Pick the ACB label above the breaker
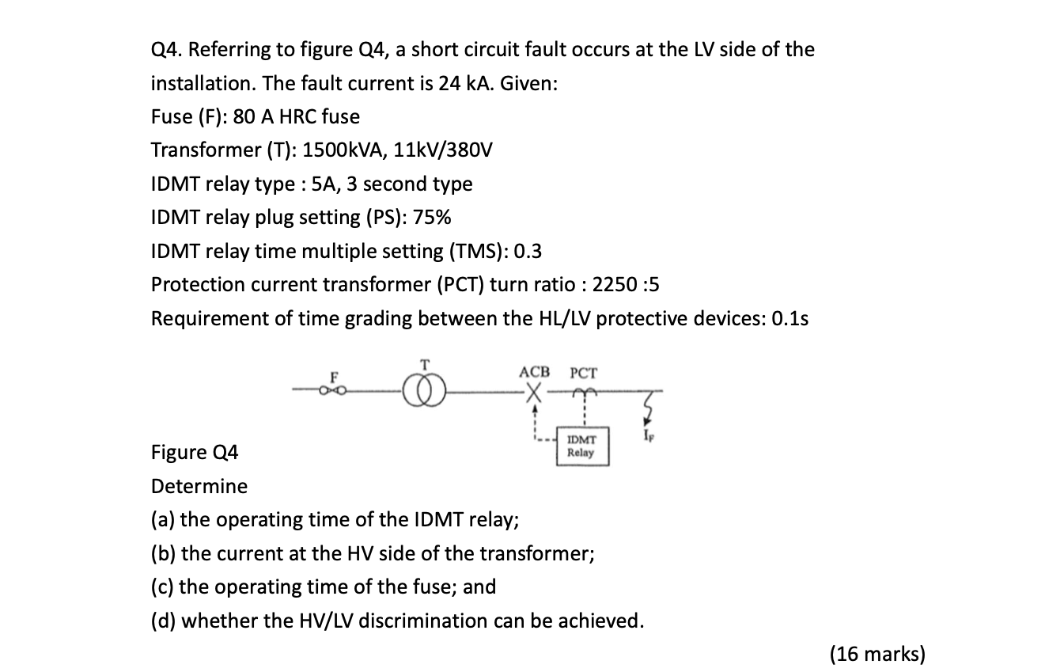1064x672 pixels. (534, 372)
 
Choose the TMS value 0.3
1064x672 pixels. (528, 252)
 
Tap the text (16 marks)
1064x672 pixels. (877, 654)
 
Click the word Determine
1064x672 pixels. (199, 486)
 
